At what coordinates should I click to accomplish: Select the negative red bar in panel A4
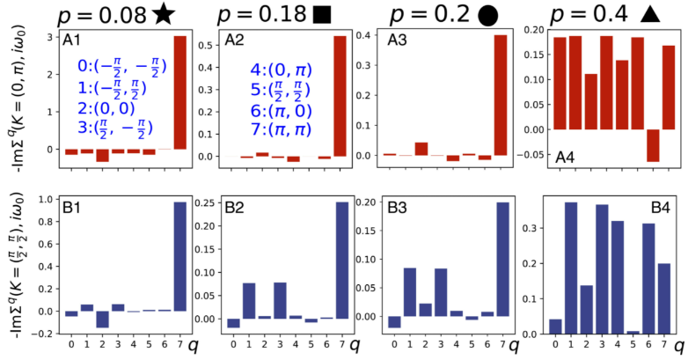tap(652, 145)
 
